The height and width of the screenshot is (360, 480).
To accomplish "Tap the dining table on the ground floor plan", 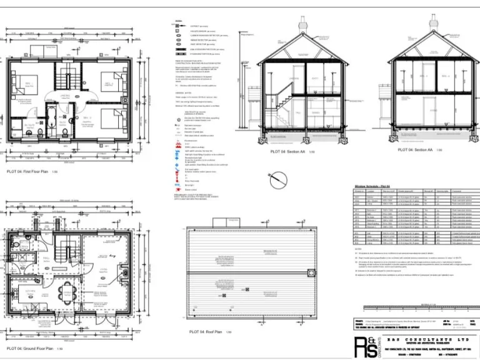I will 68,293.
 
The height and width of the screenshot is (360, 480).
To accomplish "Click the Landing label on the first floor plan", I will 65,95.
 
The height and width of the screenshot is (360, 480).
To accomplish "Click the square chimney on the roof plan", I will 309,272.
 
